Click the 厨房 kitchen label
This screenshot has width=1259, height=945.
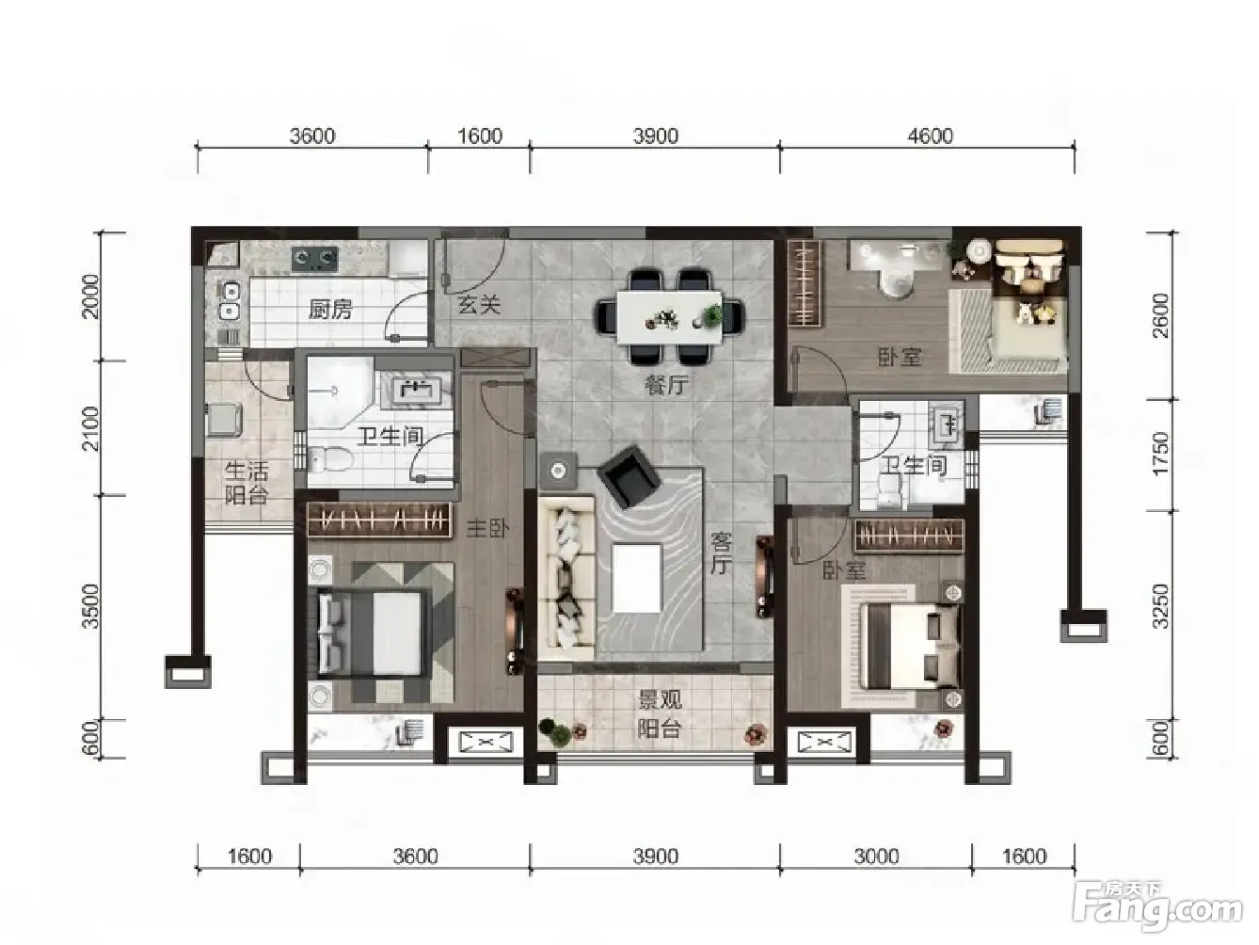[330, 310]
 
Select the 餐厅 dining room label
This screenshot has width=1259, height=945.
[666, 384]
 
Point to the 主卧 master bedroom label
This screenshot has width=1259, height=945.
[487, 528]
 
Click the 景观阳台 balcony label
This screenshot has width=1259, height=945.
[661, 714]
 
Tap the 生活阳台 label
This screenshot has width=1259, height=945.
[247, 483]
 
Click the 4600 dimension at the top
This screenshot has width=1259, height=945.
[930, 136]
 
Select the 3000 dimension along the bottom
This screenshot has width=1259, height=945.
[876, 857]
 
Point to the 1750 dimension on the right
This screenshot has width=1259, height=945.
[1159, 454]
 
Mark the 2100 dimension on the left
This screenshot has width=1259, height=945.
[90, 428]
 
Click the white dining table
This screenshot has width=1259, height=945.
[669, 317]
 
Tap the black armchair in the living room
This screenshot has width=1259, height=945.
[628, 477]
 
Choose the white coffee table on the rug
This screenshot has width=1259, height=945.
[637, 578]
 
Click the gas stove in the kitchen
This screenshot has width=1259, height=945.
[315, 260]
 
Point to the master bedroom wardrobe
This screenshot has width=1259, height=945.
[378, 521]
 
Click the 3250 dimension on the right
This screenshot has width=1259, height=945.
[1159, 606]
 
